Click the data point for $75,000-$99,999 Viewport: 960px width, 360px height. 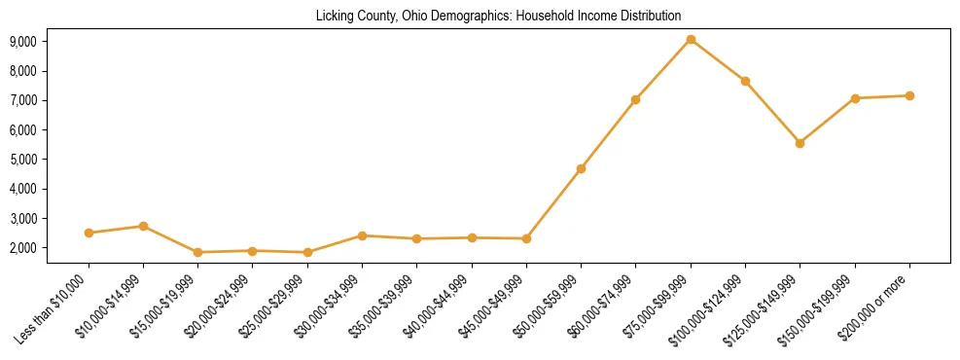pyautogui.click(x=690, y=40)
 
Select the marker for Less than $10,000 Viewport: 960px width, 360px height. pyautogui.click(x=89, y=233)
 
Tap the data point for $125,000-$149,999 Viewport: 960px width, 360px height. pyautogui.click(x=800, y=143)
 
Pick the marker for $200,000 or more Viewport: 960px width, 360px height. pyautogui.click(x=909, y=95)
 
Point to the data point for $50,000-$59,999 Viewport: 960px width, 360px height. pyautogui.click(x=581, y=168)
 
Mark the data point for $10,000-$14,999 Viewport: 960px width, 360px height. pyautogui.click(x=143, y=226)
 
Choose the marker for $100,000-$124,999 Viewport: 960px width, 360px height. pyautogui.click(x=745, y=81)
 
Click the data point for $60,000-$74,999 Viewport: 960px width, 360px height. pyautogui.click(x=635, y=99)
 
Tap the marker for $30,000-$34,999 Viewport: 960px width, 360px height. pyautogui.click(x=362, y=235)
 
